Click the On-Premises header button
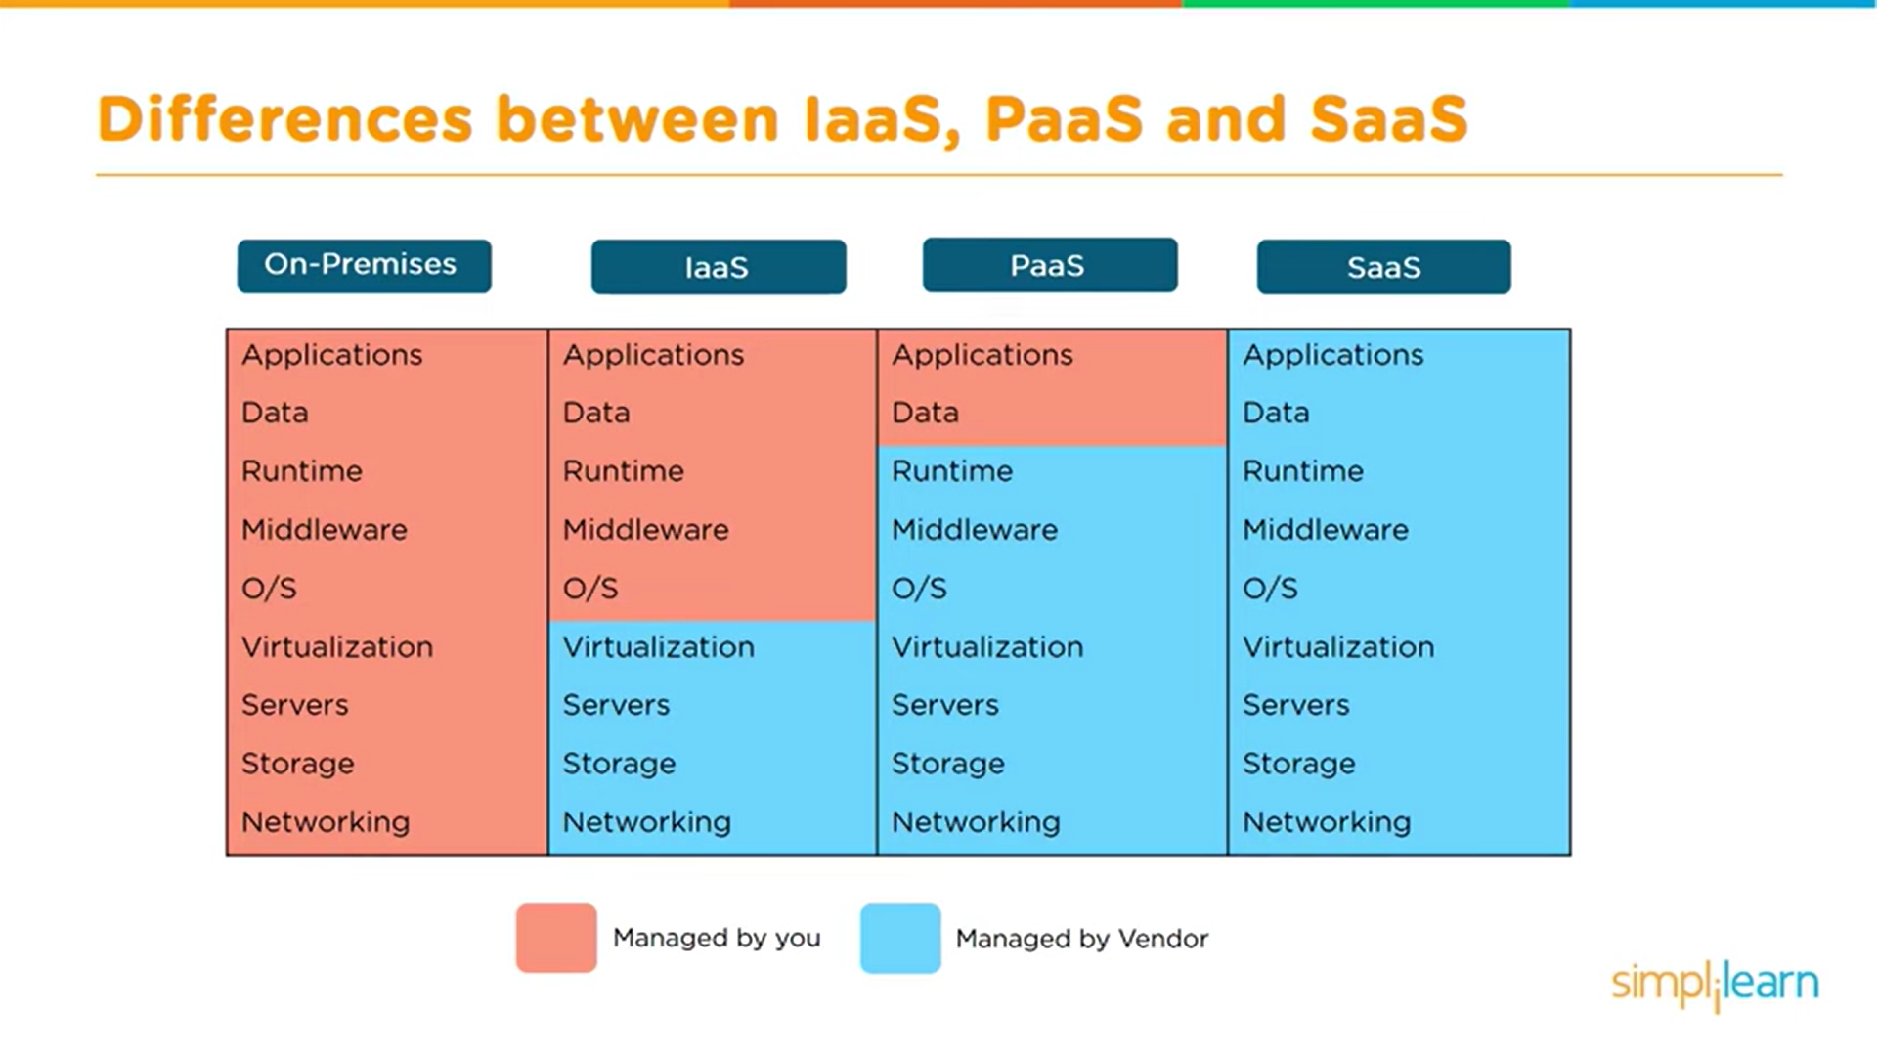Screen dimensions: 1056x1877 364,266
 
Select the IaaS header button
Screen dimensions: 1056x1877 719,267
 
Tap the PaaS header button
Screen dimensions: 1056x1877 1050,265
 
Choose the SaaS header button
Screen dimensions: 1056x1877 1383,267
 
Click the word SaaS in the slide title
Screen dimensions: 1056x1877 1388,119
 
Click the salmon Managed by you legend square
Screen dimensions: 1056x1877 556,938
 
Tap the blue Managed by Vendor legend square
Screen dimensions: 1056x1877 900,938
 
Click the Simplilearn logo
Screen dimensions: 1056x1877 1715,984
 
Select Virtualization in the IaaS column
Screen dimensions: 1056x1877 658,647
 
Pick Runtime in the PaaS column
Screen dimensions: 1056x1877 951,471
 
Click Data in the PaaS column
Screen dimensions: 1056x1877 925,413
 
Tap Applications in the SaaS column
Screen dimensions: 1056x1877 1332,355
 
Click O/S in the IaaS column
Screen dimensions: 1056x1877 590,589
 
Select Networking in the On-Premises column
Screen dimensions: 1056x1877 326,822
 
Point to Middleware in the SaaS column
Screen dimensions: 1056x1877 1325,530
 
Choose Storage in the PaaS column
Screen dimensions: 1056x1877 947,764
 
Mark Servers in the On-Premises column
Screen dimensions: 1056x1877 294,705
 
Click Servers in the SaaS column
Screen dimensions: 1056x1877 1295,705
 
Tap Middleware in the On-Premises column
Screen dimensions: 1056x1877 324,530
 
